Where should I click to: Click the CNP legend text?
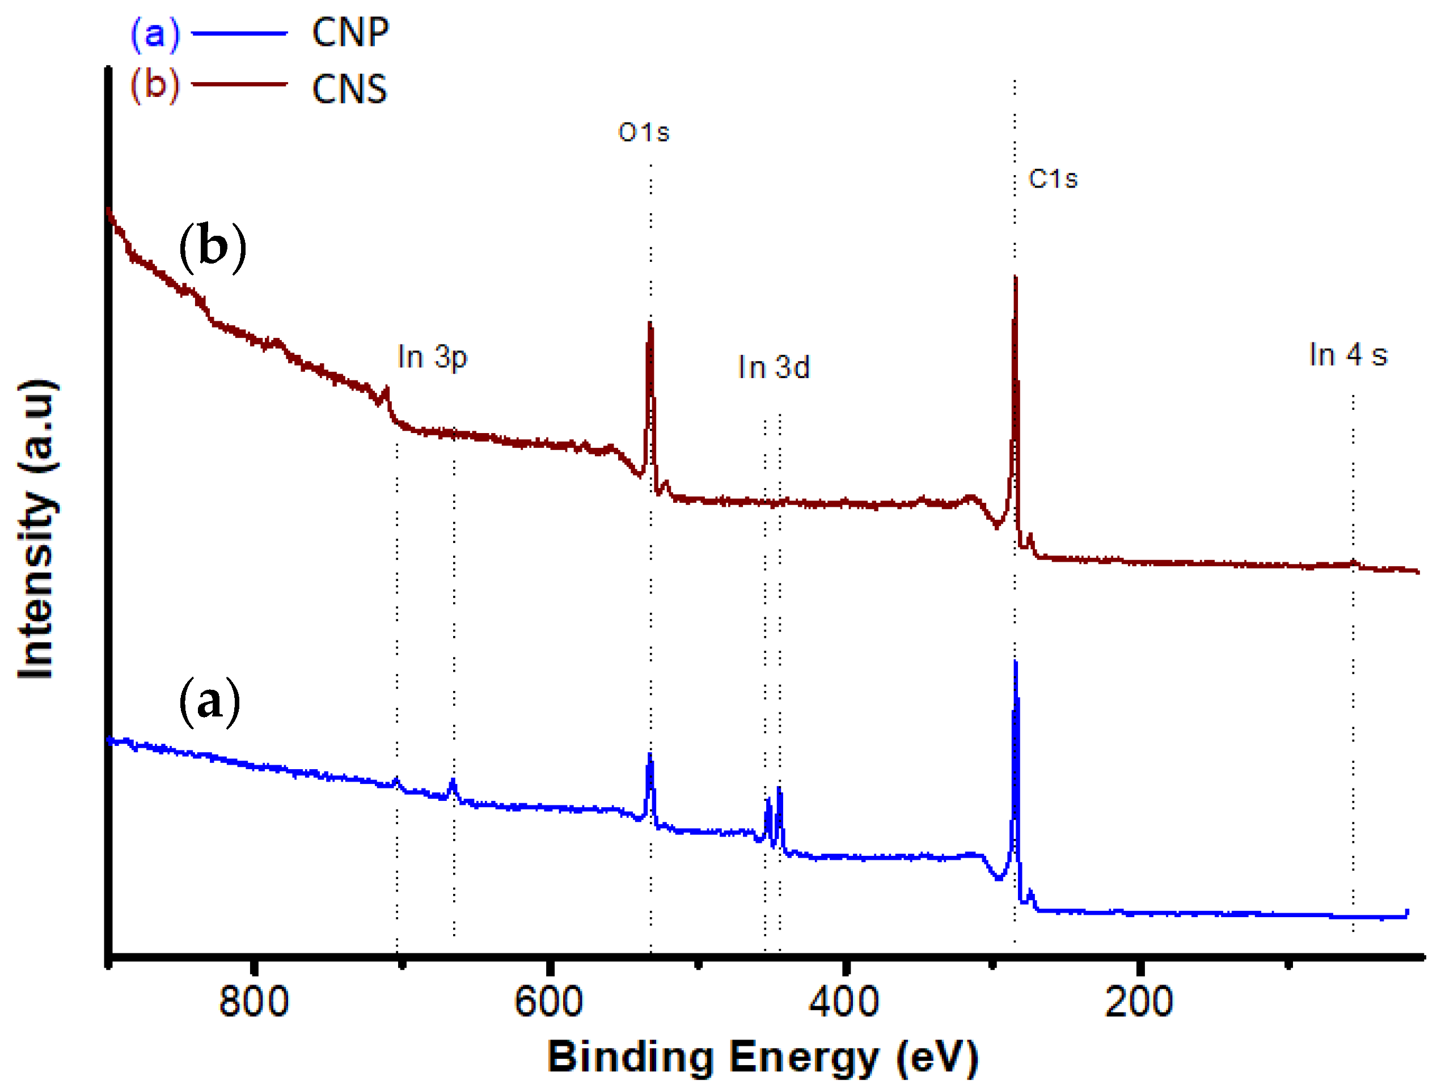pos(350,32)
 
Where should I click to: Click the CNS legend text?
pos(350,89)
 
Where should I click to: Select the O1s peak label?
pos(644,133)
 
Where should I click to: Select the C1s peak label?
pos(1053,179)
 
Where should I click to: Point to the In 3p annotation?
pos(433,358)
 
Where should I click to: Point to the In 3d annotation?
pos(774,368)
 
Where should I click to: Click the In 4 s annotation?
pos(1349,355)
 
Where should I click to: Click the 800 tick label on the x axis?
pos(254,1002)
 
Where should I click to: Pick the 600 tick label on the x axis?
pos(549,1002)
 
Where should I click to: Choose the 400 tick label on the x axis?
pos(844,1002)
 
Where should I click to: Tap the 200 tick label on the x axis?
pos(1139,1002)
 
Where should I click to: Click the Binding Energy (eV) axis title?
pos(763,1058)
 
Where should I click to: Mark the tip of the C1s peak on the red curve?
pos(1016,279)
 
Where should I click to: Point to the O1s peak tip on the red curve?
pos(650,324)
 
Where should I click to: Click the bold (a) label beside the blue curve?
pos(210,701)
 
